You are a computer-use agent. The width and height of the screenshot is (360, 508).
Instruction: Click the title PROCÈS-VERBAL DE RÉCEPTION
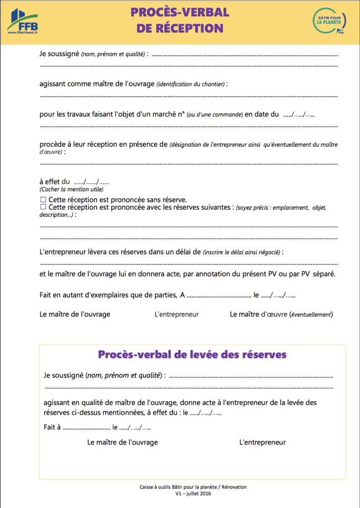pos(180,20)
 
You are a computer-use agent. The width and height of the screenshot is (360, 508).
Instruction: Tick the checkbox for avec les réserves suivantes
pos(43,207)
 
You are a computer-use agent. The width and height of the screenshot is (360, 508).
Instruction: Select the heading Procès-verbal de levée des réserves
pos(192,355)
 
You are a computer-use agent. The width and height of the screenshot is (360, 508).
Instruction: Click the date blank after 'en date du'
pos(299,115)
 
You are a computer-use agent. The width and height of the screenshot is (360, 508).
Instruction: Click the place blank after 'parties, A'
pos(219,296)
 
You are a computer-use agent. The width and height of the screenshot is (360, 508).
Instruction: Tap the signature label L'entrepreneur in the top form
pos(177,315)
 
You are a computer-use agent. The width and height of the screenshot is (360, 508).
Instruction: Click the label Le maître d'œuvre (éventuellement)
pos(281,315)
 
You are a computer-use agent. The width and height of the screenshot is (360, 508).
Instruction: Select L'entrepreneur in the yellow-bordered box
pos(262,443)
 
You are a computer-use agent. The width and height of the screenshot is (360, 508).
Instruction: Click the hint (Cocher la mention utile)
pos(71,190)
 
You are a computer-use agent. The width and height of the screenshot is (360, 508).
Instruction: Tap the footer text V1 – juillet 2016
pos(193,494)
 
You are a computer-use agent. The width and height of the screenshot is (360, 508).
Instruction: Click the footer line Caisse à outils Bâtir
pos(193,487)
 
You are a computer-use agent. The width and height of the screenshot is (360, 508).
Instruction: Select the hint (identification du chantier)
pos(190,84)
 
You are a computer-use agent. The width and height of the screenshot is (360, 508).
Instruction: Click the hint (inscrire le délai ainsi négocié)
pos(241,253)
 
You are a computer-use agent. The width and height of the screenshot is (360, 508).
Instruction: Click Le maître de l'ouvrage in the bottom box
pos(122,443)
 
